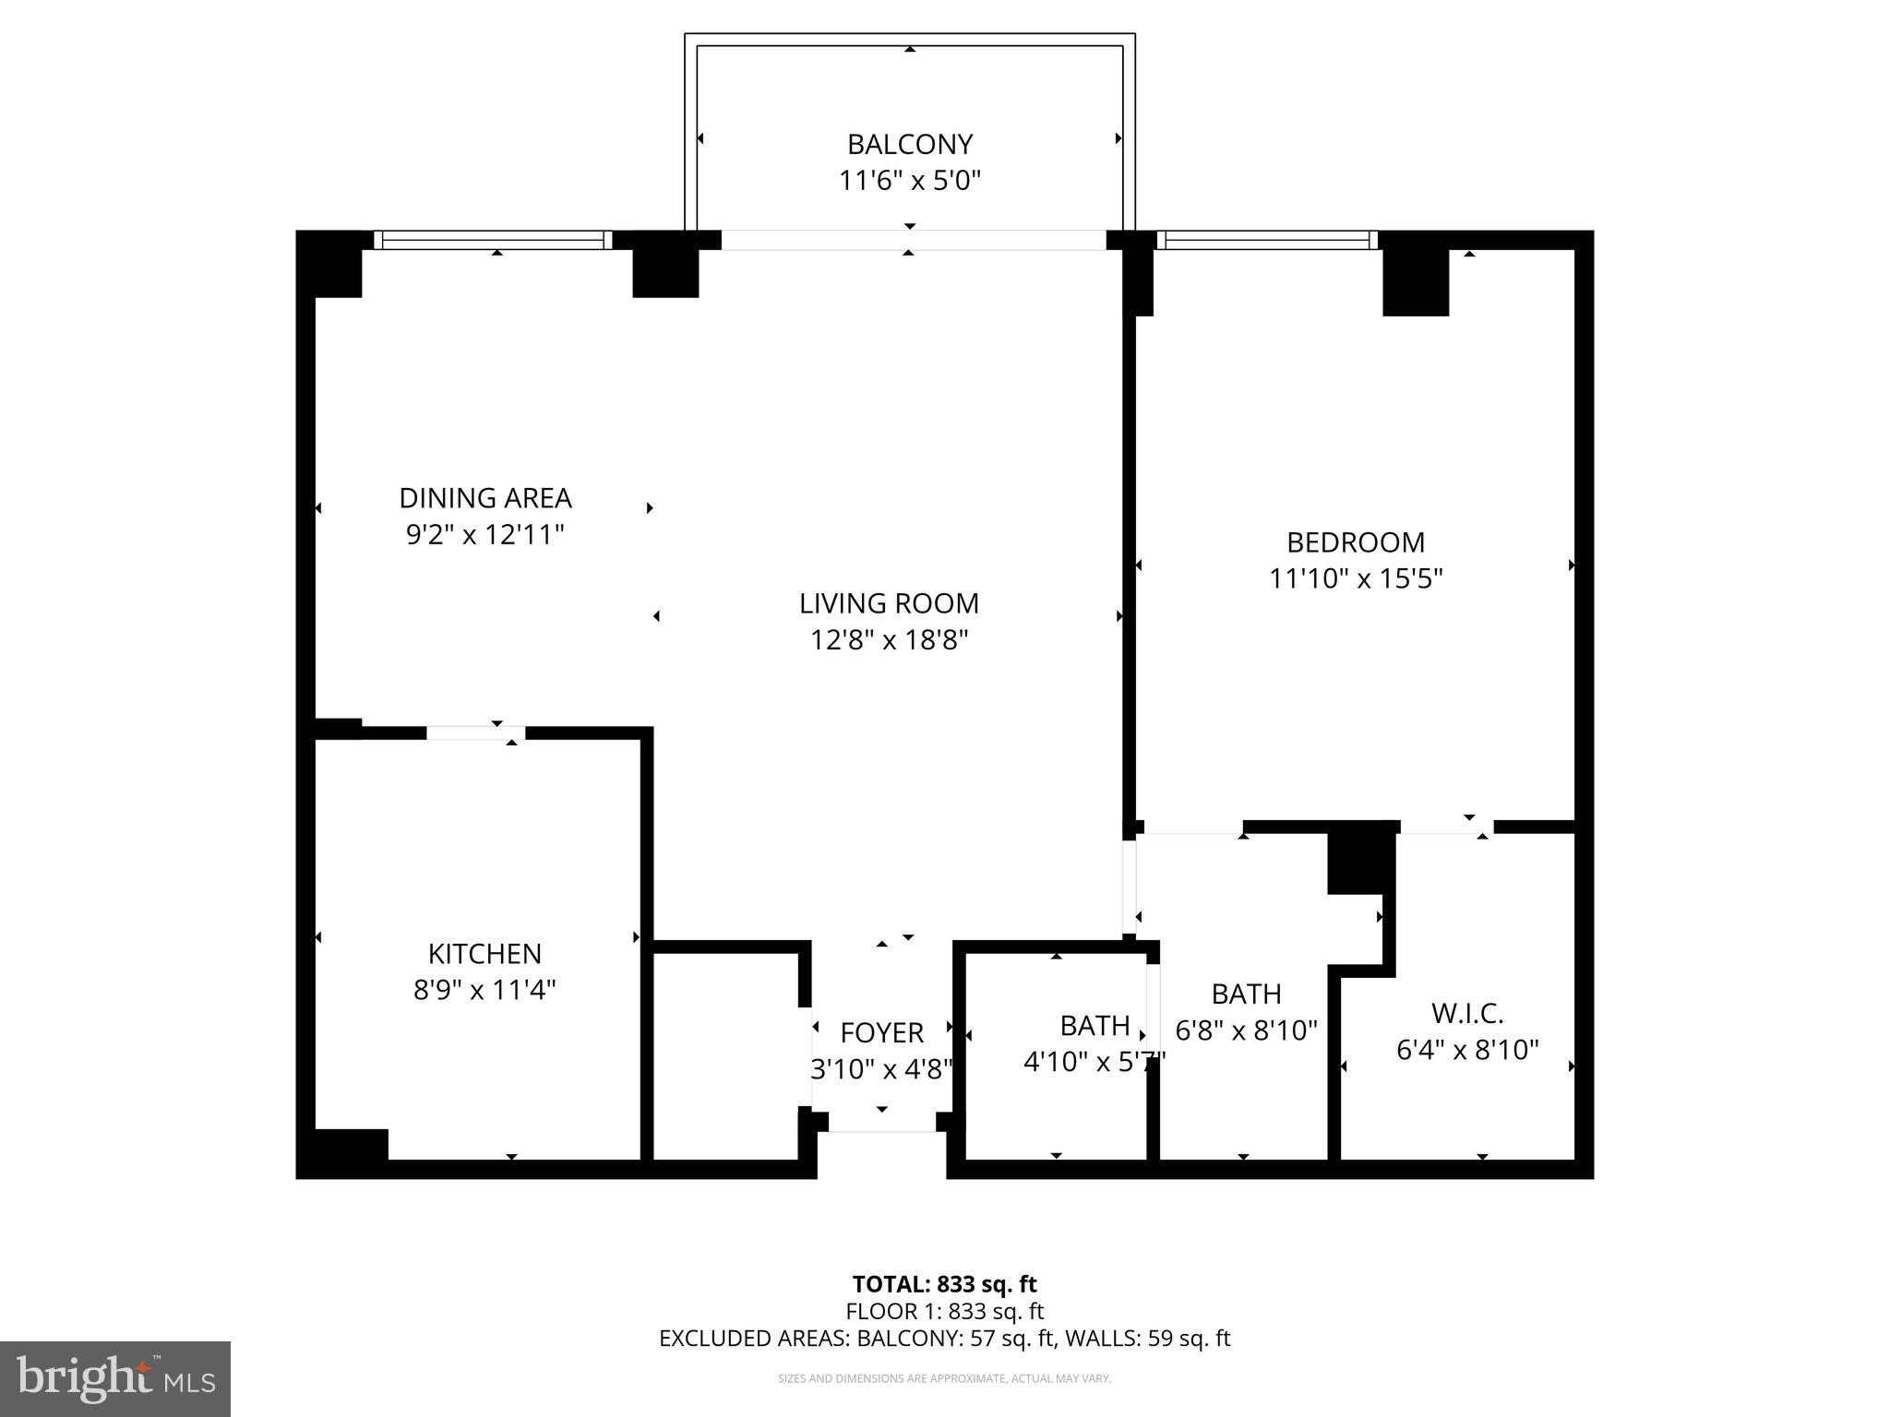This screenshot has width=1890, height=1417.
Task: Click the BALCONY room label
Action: [910, 145]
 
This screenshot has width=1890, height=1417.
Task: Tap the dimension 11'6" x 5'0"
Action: [910, 180]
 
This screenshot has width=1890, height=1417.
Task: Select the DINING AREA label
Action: [485, 498]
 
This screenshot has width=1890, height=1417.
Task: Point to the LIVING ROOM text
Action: [889, 603]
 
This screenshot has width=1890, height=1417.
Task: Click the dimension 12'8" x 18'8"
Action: [889, 639]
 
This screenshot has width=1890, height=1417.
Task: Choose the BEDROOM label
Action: [1356, 542]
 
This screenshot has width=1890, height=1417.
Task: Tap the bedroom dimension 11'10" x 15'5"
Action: [1356, 578]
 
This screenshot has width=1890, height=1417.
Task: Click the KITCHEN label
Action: [484, 953]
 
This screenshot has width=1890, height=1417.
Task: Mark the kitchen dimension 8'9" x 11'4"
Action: [484, 990]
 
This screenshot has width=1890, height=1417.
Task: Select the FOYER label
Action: [881, 1032]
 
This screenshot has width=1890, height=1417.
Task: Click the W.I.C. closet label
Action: [1467, 1013]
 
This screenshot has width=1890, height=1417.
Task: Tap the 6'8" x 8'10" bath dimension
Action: [1246, 1030]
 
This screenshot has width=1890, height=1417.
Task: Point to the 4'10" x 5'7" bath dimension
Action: [1095, 1062]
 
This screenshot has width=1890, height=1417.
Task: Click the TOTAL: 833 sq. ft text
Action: [944, 1284]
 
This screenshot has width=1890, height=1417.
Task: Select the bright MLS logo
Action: [115, 1379]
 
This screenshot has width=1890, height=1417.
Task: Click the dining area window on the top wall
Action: [493, 240]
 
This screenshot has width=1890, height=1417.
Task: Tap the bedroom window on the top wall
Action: [1267, 240]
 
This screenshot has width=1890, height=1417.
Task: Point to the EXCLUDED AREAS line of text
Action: [944, 1339]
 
